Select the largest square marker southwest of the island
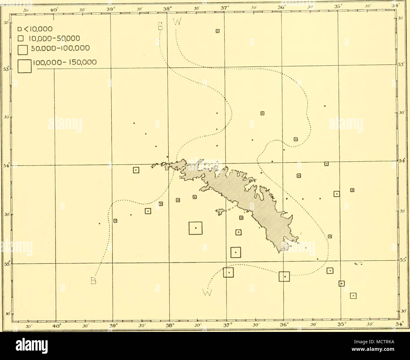(195, 228)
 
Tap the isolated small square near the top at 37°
(217, 31)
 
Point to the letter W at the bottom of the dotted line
(206, 292)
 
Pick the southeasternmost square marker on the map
(354, 296)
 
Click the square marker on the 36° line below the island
(284, 276)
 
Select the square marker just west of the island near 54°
(136, 170)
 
